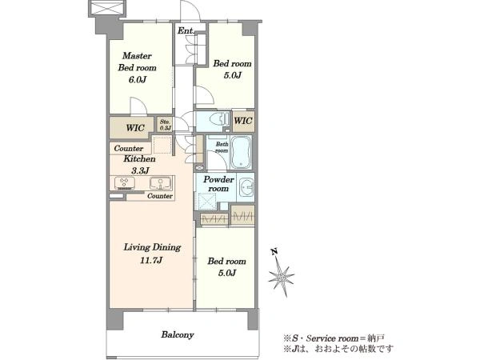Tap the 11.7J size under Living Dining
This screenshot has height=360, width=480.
[x=151, y=260]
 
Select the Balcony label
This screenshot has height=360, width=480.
[x=178, y=334]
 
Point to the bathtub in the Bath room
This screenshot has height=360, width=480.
[x=241, y=152]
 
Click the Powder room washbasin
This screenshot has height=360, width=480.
[x=246, y=187]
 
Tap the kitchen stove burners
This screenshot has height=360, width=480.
[x=125, y=182]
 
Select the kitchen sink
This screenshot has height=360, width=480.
[x=161, y=183]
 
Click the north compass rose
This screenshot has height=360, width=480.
[x=281, y=277]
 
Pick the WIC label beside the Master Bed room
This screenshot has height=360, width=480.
[x=135, y=127]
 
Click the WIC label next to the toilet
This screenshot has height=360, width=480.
[x=243, y=120]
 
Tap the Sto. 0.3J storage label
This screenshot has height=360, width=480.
[x=166, y=125]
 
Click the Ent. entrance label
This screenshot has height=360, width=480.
[x=186, y=30]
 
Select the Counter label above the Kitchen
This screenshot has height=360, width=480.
[x=129, y=149]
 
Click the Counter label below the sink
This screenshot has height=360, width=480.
[x=160, y=196]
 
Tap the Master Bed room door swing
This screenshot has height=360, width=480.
[x=138, y=106]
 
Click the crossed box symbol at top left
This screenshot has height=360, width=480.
[x=107, y=8]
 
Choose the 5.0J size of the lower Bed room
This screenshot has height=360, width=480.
[x=227, y=273]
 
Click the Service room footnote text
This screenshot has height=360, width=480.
[x=334, y=338]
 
